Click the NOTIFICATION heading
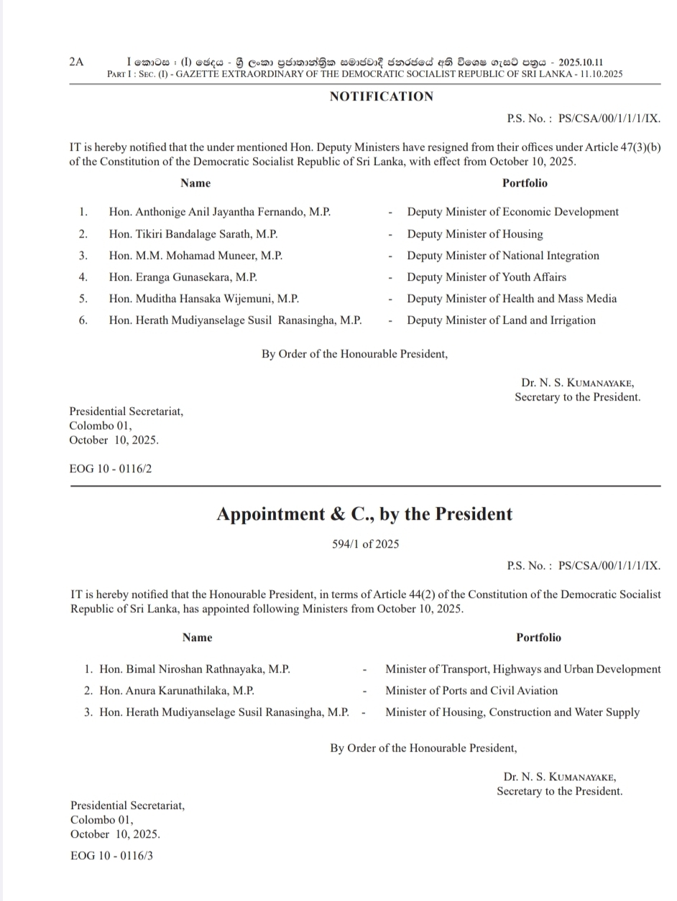381,97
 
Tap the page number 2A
77,62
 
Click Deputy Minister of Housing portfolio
474,234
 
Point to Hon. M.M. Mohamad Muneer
195,256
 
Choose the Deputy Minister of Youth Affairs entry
486,277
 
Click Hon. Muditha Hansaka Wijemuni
203,299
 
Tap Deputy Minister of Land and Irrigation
501,320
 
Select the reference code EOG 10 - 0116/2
110,469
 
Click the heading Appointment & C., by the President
364,514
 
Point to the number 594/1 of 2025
365,544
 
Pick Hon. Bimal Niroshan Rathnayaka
194,669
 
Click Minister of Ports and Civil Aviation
471,691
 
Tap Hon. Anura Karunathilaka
176,691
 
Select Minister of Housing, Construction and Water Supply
512,712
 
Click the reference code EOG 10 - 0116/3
111,856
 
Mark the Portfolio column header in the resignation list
525,183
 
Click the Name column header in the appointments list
197,638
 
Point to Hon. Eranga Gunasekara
183,277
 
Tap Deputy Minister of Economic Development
512,212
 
